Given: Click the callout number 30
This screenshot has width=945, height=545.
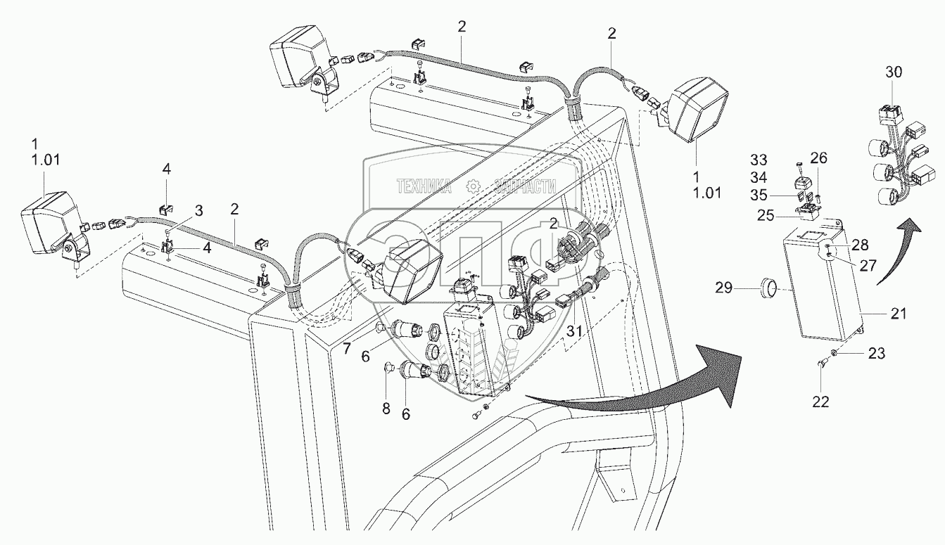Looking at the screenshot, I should tap(893, 72).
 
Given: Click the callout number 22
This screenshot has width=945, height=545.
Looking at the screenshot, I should tap(820, 402).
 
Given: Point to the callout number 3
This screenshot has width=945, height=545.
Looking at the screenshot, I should tap(199, 210).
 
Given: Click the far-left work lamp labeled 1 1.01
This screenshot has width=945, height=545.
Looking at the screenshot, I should tap(51, 224).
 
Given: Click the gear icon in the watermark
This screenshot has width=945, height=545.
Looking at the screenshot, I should tap(474, 186).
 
